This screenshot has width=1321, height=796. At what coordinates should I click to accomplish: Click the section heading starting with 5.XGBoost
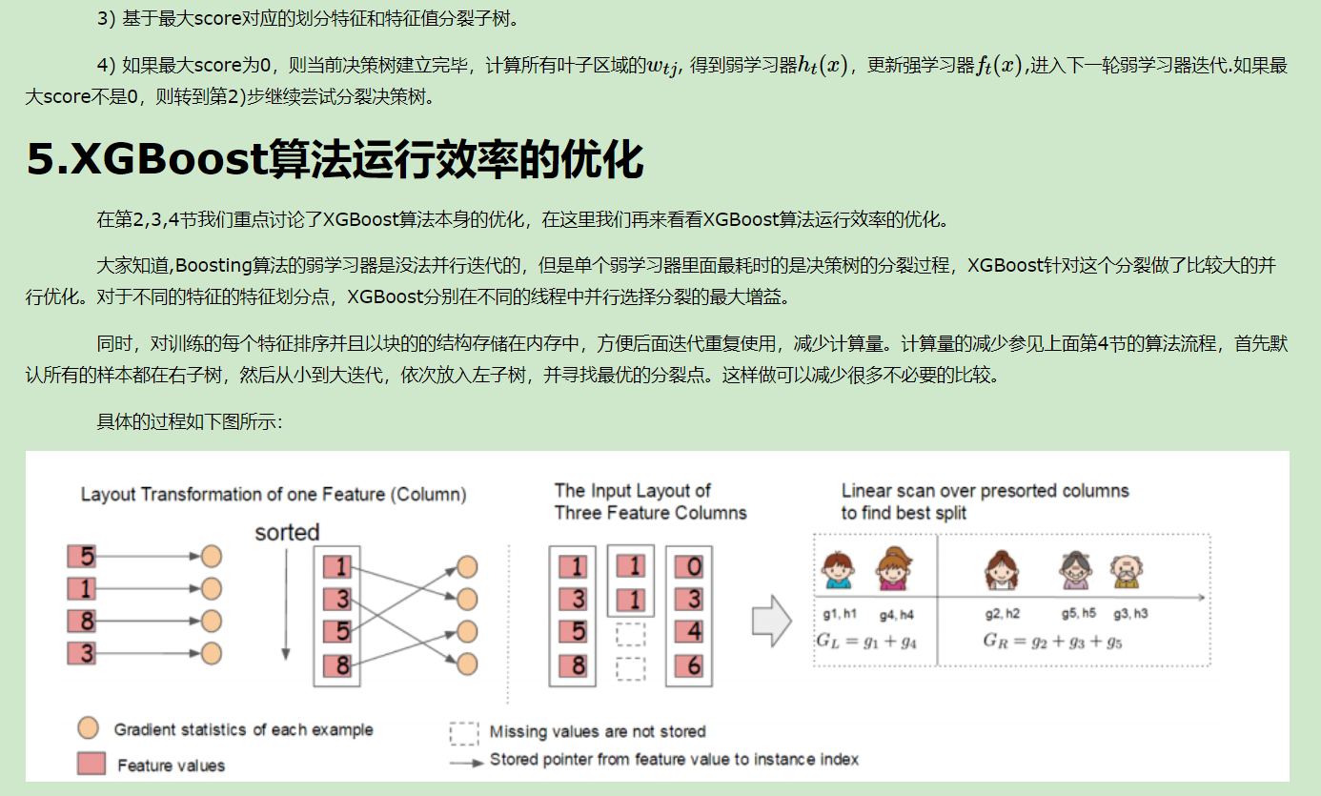335,160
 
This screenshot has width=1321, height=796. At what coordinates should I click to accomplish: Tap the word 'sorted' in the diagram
287,532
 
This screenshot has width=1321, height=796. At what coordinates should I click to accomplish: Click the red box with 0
694,568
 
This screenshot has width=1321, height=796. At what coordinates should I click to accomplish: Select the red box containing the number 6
694,665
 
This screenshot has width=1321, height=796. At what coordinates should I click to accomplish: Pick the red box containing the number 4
694,631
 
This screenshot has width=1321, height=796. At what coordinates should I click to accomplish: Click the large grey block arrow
772,621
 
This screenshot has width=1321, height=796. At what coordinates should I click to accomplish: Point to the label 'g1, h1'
840,615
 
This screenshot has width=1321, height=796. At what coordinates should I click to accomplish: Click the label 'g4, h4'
896,615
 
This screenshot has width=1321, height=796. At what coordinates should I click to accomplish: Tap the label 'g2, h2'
1002,614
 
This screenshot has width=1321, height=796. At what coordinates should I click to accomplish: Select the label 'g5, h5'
1079,614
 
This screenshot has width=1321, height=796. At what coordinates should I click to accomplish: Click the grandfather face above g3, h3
1127,571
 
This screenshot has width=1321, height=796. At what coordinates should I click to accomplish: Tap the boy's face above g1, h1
838,571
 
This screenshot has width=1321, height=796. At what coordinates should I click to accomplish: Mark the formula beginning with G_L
866,641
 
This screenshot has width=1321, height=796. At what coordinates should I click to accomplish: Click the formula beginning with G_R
1052,641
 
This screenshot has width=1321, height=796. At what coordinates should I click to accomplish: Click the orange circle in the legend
89,729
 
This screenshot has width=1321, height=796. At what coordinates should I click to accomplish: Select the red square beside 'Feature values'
91,764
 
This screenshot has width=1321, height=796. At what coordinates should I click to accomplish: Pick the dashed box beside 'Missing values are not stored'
464,732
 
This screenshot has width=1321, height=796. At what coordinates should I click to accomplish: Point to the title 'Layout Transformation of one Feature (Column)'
274,494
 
